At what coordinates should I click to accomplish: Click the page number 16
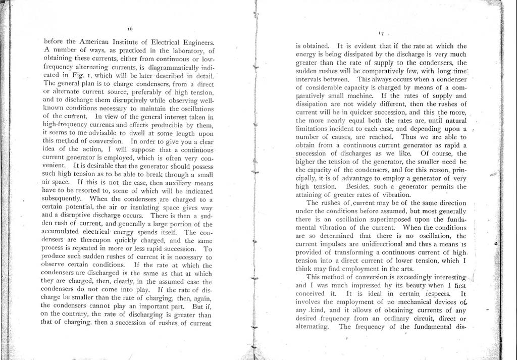(x=130, y=29)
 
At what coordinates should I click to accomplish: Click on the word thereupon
(x=106, y=240)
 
